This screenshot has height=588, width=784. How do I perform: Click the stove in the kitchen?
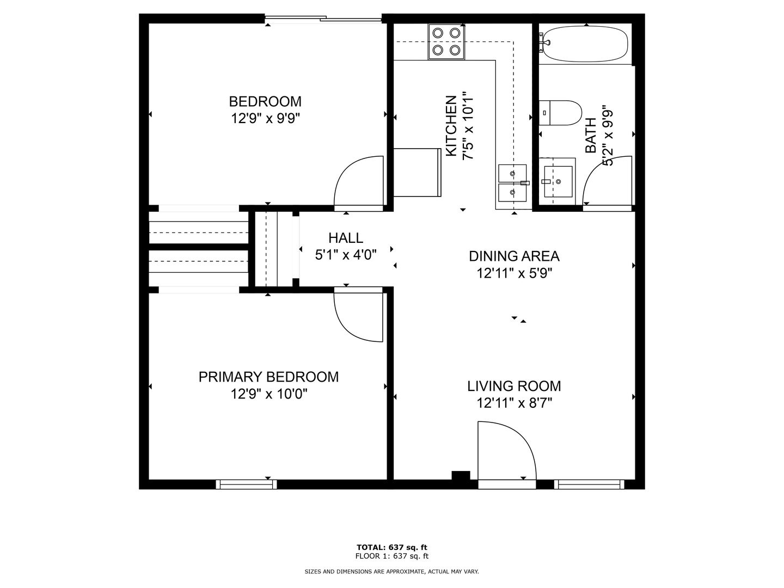(x=446, y=42)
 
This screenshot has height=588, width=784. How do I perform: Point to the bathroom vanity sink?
(x=558, y=181)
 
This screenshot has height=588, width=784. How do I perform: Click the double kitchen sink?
(x=512, y=183)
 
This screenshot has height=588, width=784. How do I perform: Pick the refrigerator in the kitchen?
(x=417, y=173)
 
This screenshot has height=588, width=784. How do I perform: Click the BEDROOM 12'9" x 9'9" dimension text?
(x=265, y=118)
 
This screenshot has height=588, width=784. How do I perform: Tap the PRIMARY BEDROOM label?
(x=268, y=377)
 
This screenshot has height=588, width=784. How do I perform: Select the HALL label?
(x=346, y=238)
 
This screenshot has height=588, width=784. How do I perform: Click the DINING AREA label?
(x=514, y=256)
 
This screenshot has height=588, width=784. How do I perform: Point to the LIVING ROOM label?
(x=514, y=386)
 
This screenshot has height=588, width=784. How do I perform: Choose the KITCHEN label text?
(x=451, y=126)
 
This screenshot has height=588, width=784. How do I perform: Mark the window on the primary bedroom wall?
(x=247, y=484)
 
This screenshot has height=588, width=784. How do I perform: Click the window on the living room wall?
(x=589, y=484)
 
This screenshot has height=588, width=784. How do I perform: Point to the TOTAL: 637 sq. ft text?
(x=392, y=547)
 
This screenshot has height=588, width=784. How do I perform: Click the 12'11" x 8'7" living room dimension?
(x=514, y=403)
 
